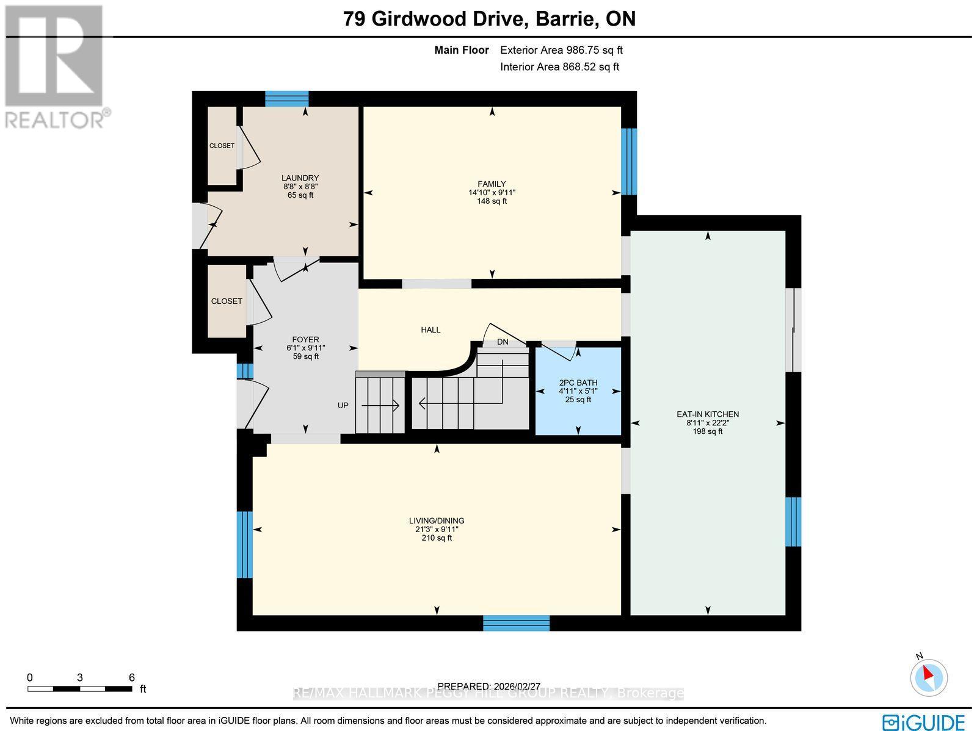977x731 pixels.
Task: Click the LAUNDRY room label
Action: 300,178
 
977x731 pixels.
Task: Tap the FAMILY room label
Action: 492,184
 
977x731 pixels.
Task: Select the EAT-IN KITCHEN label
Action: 708,414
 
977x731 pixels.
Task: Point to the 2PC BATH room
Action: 578,391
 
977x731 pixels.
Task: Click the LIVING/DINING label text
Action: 437,520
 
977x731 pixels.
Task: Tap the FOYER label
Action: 305,340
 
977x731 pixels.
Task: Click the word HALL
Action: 430,329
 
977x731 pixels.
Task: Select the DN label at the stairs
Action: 503,342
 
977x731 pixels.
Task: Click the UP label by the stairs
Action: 343,405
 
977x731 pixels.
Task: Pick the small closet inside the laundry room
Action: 222,146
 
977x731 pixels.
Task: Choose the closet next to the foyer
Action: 227,301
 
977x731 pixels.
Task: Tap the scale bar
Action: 79,688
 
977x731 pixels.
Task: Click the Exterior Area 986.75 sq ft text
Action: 561,51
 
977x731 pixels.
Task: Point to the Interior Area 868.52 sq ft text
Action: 559,67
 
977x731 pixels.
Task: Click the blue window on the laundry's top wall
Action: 286,98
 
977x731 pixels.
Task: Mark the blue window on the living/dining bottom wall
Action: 516,623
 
